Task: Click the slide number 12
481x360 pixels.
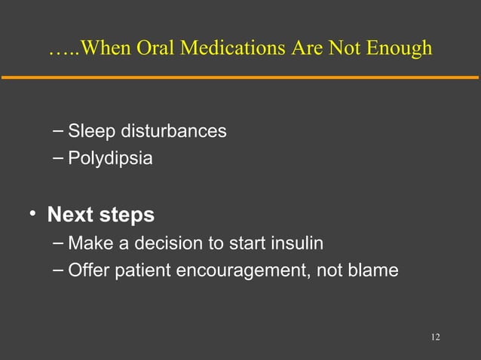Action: [435, 336]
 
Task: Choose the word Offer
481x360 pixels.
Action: [87, 270]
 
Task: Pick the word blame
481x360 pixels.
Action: [374, 270]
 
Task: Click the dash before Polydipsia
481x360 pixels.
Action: [58, 158]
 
